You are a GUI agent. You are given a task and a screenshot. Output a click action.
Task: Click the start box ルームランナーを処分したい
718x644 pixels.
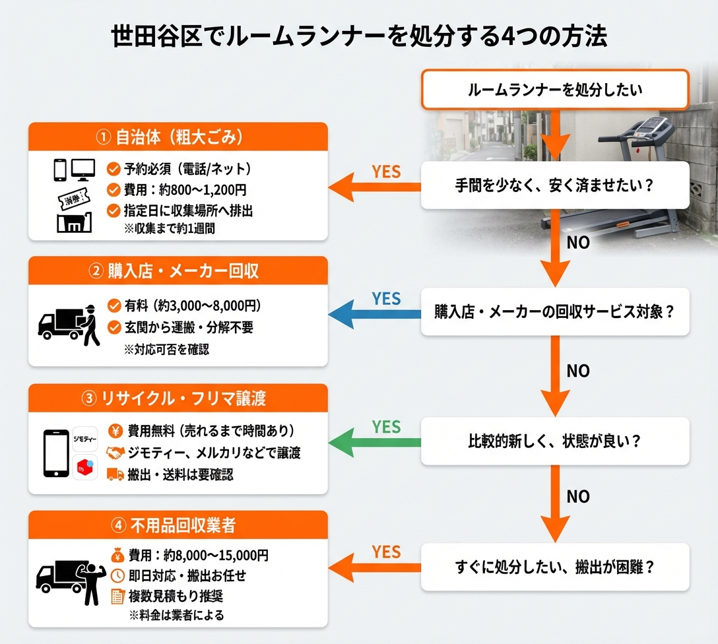[x=555, y=90]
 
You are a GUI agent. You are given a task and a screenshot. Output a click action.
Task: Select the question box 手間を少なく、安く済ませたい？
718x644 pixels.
[x=555, y=186]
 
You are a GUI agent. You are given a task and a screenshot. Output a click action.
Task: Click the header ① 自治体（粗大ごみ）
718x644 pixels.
[x=178, y=137]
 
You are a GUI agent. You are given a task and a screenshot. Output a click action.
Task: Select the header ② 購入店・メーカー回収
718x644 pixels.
[x=178, y=271]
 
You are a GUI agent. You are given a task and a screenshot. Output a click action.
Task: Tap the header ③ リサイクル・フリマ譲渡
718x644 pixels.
[x=178, y=399]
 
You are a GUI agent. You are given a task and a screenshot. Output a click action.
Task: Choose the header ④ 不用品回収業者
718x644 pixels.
[x=178, y=526]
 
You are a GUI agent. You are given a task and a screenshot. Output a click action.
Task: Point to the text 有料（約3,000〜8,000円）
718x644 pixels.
[x=193, y=306]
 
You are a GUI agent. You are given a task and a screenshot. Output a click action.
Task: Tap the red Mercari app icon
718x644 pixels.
[x=85, y=465]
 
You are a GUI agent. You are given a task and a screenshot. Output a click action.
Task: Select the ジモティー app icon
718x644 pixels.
[x=85, y=438]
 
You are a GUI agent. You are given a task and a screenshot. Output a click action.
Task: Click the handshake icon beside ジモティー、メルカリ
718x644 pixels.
[x=115, y=453]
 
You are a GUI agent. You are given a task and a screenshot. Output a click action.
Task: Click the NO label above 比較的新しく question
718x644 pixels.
[x=578, y=371]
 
